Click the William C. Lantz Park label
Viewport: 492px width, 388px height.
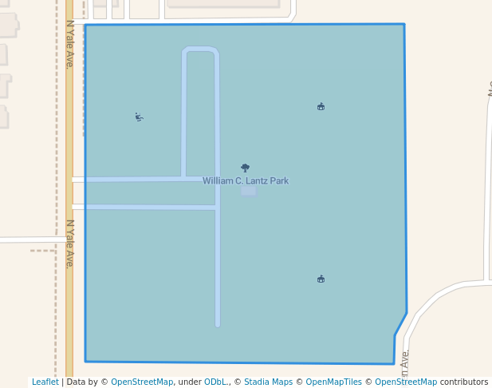[246, 181]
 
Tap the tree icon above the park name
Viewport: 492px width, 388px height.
[245, 168]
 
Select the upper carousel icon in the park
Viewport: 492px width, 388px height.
[321, 106]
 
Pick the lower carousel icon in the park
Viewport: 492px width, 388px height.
[321, 279]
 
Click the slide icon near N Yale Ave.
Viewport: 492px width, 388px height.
[139, 117]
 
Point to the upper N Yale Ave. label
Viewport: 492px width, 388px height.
[69, 45]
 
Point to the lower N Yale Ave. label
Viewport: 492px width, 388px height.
[69, 243]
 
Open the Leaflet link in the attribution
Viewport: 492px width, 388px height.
[45, 382]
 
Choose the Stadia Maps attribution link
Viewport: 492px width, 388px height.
[268, 382]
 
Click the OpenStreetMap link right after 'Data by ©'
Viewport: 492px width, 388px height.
[142, 382]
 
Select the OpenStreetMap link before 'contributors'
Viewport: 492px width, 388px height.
[406, 382]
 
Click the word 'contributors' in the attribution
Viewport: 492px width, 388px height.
[464, 382]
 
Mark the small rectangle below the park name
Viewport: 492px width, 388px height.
[249, 192]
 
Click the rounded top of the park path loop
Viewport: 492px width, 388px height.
[199, 50]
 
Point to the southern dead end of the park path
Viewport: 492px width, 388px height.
[217, 324]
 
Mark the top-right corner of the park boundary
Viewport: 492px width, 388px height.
[404, 25]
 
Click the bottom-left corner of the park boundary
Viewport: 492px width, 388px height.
[85, 361]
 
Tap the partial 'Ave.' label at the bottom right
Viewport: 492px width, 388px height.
[405, 363]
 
